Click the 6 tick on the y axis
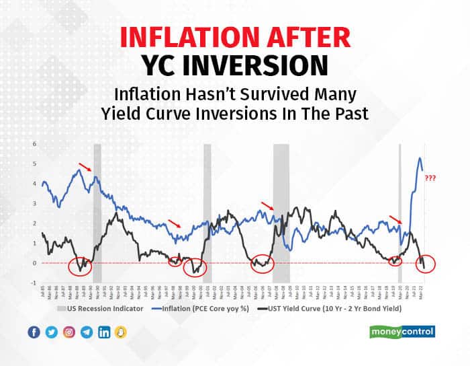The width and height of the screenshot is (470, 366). (x=34, y=144)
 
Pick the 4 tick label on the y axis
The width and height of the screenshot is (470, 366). (x=34, y=184)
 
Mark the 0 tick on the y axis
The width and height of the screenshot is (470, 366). (x=34, y=263)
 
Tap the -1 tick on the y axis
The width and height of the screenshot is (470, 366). (x=34, y=283)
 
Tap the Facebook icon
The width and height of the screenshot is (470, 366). (x=34, y=332)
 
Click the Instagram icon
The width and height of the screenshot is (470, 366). (x=68, y=332)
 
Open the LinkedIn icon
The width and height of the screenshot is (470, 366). (x=104, y=332)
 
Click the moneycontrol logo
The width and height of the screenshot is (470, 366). (x=403, y=331)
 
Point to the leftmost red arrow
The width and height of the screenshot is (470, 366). (x=85, y=167)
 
